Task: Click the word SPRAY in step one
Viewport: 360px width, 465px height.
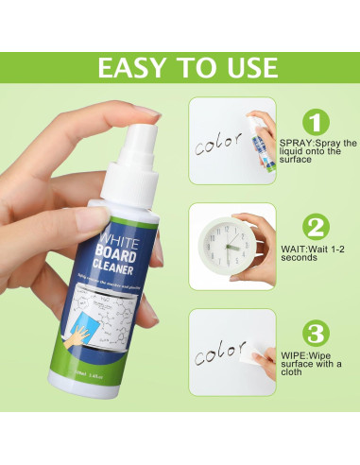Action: pyautogui.click(x=295, y=142)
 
